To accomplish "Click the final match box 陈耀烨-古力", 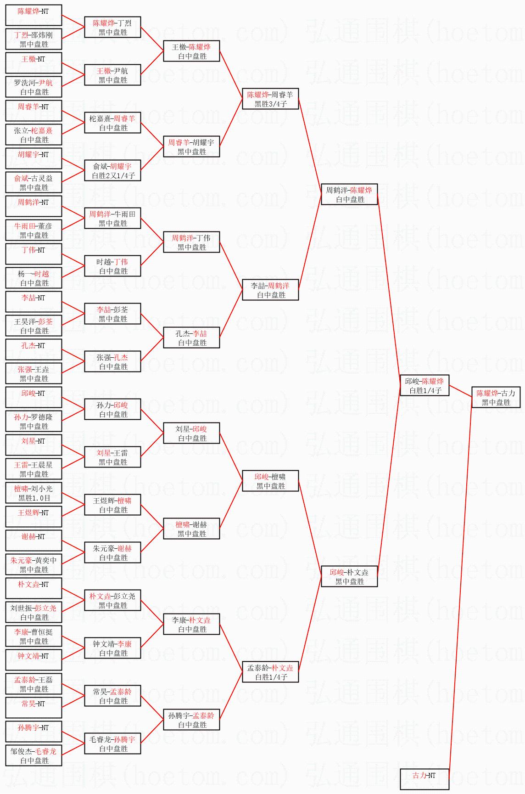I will (496, 398).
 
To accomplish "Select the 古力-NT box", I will (424, 779).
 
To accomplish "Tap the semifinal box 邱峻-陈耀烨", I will (424, 386).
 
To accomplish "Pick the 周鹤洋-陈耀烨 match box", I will (349, 195).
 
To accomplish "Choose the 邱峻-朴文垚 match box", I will (349, 577).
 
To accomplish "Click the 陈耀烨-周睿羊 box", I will (270, 99).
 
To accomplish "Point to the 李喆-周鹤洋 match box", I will (270, 290).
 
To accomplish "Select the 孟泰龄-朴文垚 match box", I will (270, 672).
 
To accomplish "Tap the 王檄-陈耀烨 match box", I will (191, 51).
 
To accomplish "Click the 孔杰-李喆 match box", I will (191, 338).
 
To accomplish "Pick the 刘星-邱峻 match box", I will (191, 434).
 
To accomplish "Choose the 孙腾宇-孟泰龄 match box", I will (191, 720).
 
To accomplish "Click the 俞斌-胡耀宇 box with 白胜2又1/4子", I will (112, 171).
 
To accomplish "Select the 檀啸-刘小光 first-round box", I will (34, 493).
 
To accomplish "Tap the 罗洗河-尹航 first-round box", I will (34, 87).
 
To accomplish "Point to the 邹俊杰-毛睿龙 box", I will (34, 756).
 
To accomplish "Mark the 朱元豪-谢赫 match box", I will (112, 553).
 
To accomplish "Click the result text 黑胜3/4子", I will (271, 104).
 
